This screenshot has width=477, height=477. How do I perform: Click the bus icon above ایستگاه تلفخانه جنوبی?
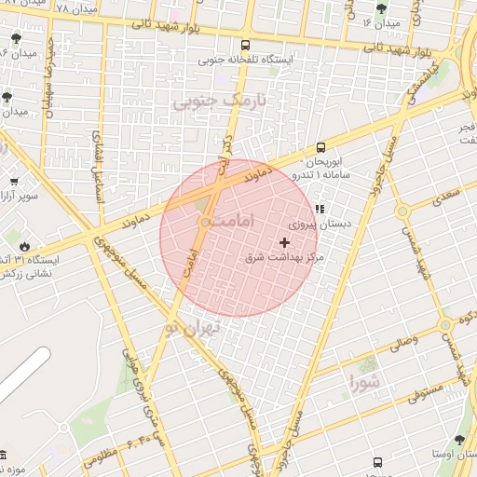(245, 45)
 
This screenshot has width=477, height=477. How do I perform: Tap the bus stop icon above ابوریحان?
(321, 146)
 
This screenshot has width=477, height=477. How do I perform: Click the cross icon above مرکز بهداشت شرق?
(285, 242)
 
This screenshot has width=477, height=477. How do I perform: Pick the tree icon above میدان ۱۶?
(380, 8)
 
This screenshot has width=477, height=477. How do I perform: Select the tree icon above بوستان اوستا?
(458, 440)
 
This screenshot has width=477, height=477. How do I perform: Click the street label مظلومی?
(100, 457)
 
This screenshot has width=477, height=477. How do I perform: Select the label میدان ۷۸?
(75, 8)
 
